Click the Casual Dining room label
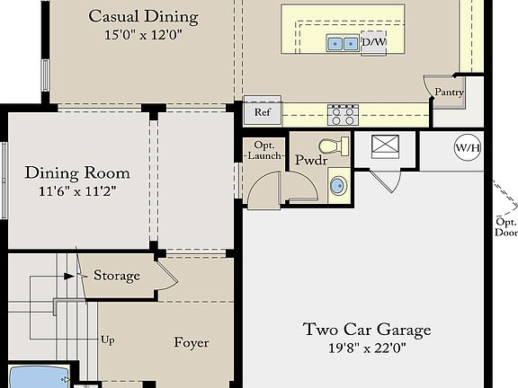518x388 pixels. (x=143, y=17)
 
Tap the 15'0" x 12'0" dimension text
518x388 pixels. (x=143, y=35)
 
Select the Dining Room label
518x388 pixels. (x=77, y=172)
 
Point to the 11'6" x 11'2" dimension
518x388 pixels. (x=77, y=191)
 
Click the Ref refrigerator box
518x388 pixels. (x=263, y=112)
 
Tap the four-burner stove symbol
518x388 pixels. (x=343, y=115)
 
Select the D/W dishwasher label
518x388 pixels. (x=374, y=42)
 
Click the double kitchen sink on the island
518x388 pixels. (x=343, y=43)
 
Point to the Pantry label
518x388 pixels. (x=449, y=93)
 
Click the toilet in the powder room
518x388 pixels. (x=334, y=146)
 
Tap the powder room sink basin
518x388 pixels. (x=339, y=185)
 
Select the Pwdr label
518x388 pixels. (x=311, y=160)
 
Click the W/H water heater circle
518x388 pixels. (x=468, y=147)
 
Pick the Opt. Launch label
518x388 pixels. (x=264, y=151)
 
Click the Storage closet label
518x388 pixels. (x=117, y=276)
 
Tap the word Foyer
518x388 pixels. (x=192, y=343)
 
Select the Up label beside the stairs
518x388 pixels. (x=108, y=340)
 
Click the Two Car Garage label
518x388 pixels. (x=367, y=330)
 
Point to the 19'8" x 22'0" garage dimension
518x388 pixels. (x=367, y=348)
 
